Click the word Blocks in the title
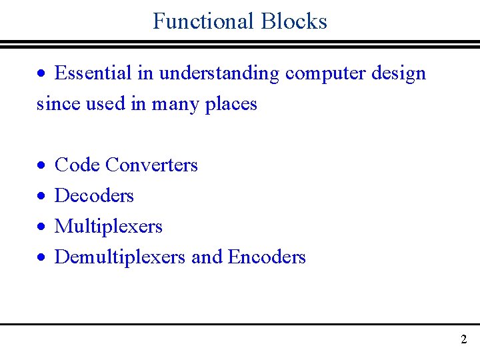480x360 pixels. coord(294,21)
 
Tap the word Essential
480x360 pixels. coord(93,73)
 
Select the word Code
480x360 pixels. coord(77,165)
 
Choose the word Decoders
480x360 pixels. coord(94,195)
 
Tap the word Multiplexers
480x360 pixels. coord(108,227)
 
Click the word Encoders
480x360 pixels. coord(267,257)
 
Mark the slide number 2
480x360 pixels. coord(463,339)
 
